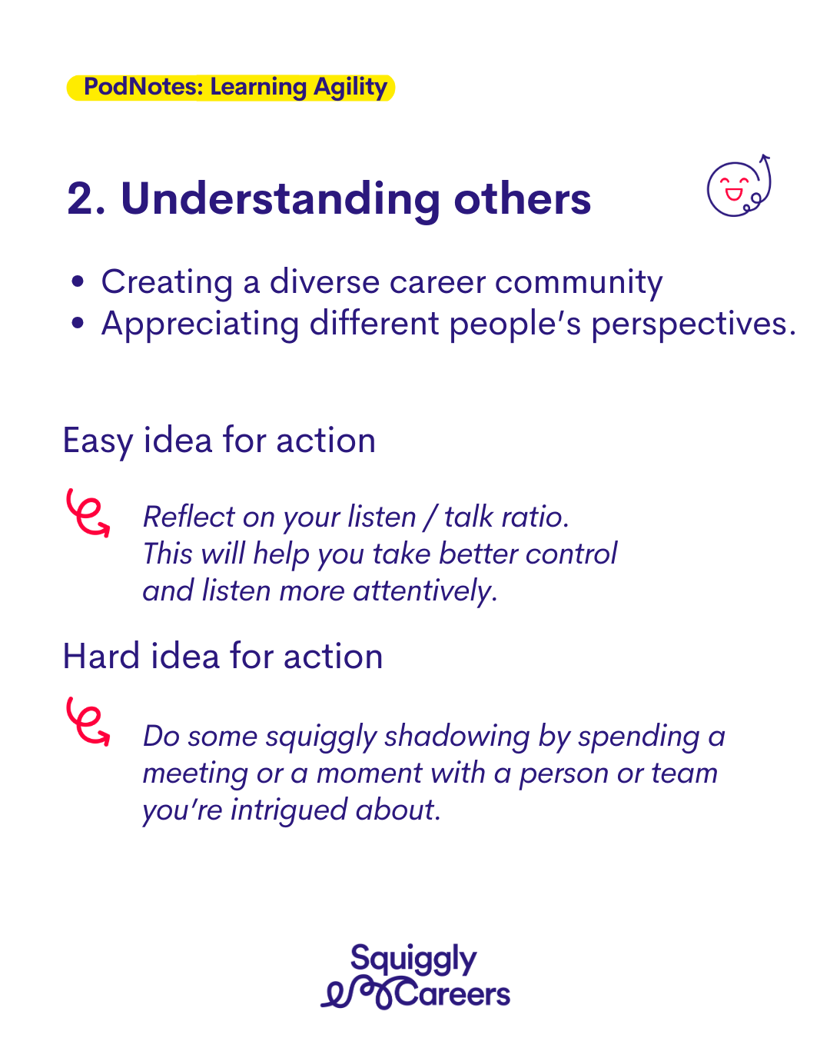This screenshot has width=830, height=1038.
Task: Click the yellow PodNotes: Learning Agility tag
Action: click(231, 88)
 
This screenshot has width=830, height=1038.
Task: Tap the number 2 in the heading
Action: click(80, 198)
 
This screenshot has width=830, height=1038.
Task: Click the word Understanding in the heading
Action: click(280, 200)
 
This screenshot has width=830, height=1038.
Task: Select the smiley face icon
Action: click(739, 186)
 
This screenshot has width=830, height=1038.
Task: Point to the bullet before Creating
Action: click(77, 281)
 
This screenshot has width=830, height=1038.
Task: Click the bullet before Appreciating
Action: click(77, 323)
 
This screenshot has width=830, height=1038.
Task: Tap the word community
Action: click(579, 284)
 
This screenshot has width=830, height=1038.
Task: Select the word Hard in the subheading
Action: click(101, 656)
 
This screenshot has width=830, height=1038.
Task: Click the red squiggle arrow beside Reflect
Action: click(88, 513)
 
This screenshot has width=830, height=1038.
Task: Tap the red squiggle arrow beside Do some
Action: click(88, 721)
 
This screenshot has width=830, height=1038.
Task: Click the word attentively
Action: click(423, 592)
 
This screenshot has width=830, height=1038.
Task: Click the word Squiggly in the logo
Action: click(413, 960)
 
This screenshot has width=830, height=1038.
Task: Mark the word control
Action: click(571, 554)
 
